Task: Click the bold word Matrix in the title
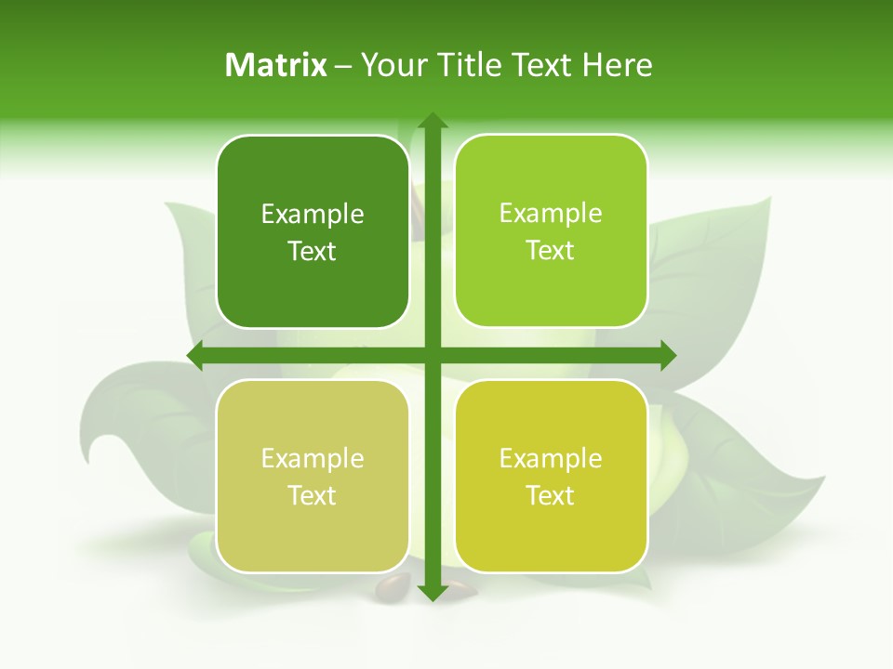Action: (276, 65)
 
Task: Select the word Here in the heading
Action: (617, 65)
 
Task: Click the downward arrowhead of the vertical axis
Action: (432, 592)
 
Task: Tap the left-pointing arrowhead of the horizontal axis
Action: (196, 356)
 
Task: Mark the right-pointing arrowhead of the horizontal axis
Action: (667, 356)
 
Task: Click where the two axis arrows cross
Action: (432, 356)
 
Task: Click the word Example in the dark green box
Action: (313, 215)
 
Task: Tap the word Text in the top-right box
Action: (551, 251)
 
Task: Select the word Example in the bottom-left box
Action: (313, 459)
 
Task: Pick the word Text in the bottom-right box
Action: (551, 496)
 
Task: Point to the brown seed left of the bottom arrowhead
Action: (393, 586)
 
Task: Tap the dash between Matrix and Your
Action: (343, 66)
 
